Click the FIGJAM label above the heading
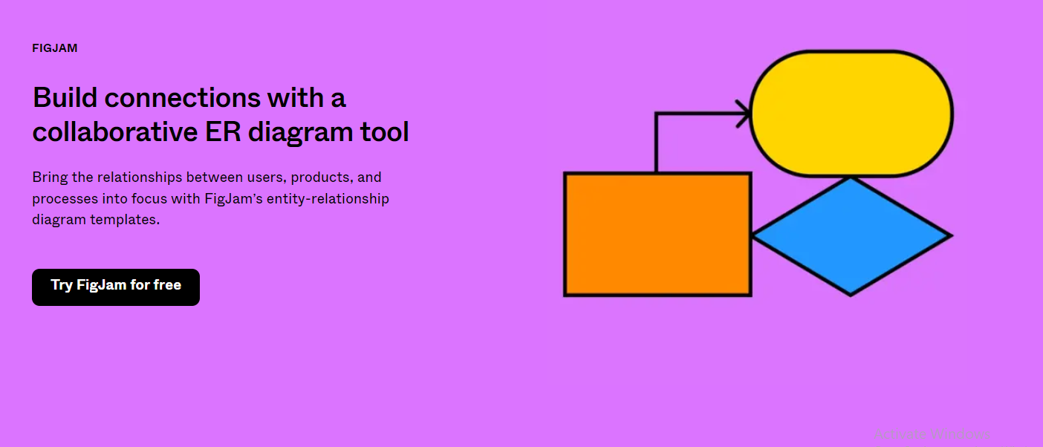click(x=55, y=48)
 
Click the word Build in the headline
click(x=65, y=98)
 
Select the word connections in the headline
click(x=182, y=98)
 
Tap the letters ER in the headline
click(x=223, y=131)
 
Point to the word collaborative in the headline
click(x=115, y=131)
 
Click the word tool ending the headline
click(x=385, y=131)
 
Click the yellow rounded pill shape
click(x=851, y=114)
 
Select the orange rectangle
click(x=657, y=234)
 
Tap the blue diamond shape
click(x=851, y=236)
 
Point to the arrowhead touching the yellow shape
click(x=743, y=114)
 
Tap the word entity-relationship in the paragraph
click(x=328, y=199)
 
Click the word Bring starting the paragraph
click(x=50, y=177)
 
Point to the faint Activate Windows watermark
click(x=932, y=434)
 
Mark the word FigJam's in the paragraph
click(x=234, y=199)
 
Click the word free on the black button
click(x=167, y=284)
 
